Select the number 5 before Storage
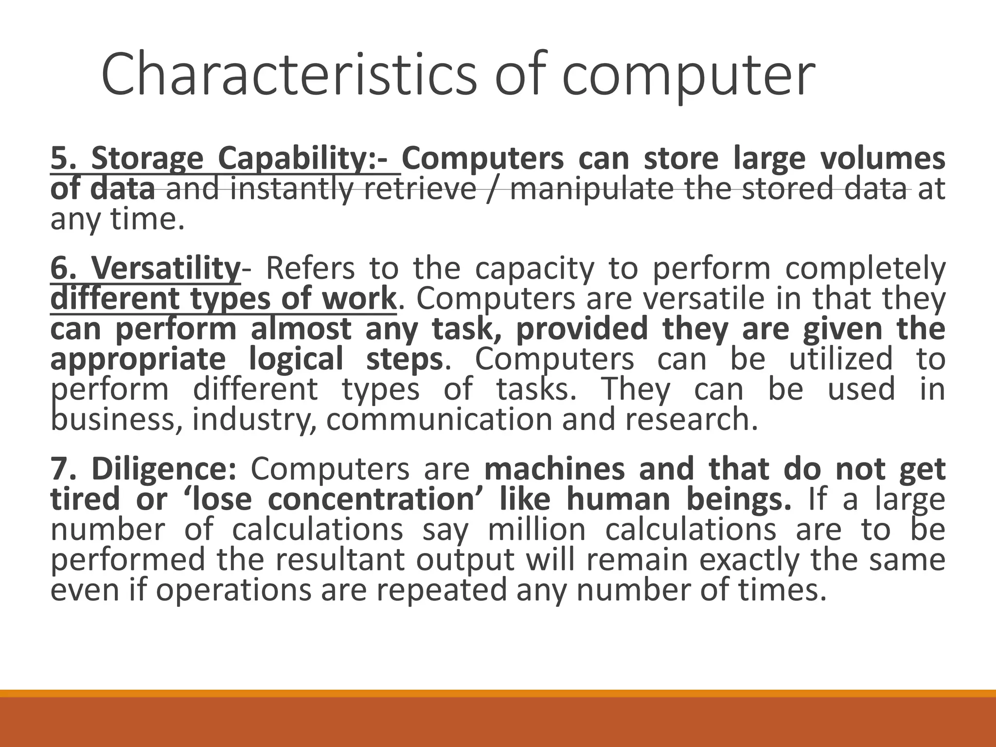pos(59,159)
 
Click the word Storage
pos(147,160)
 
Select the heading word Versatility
pos(165,268)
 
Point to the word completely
pos(865,269)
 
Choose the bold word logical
pos(296,359)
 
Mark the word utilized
pos(841,359)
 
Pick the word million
pos(537,530)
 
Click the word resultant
pos(339,560)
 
